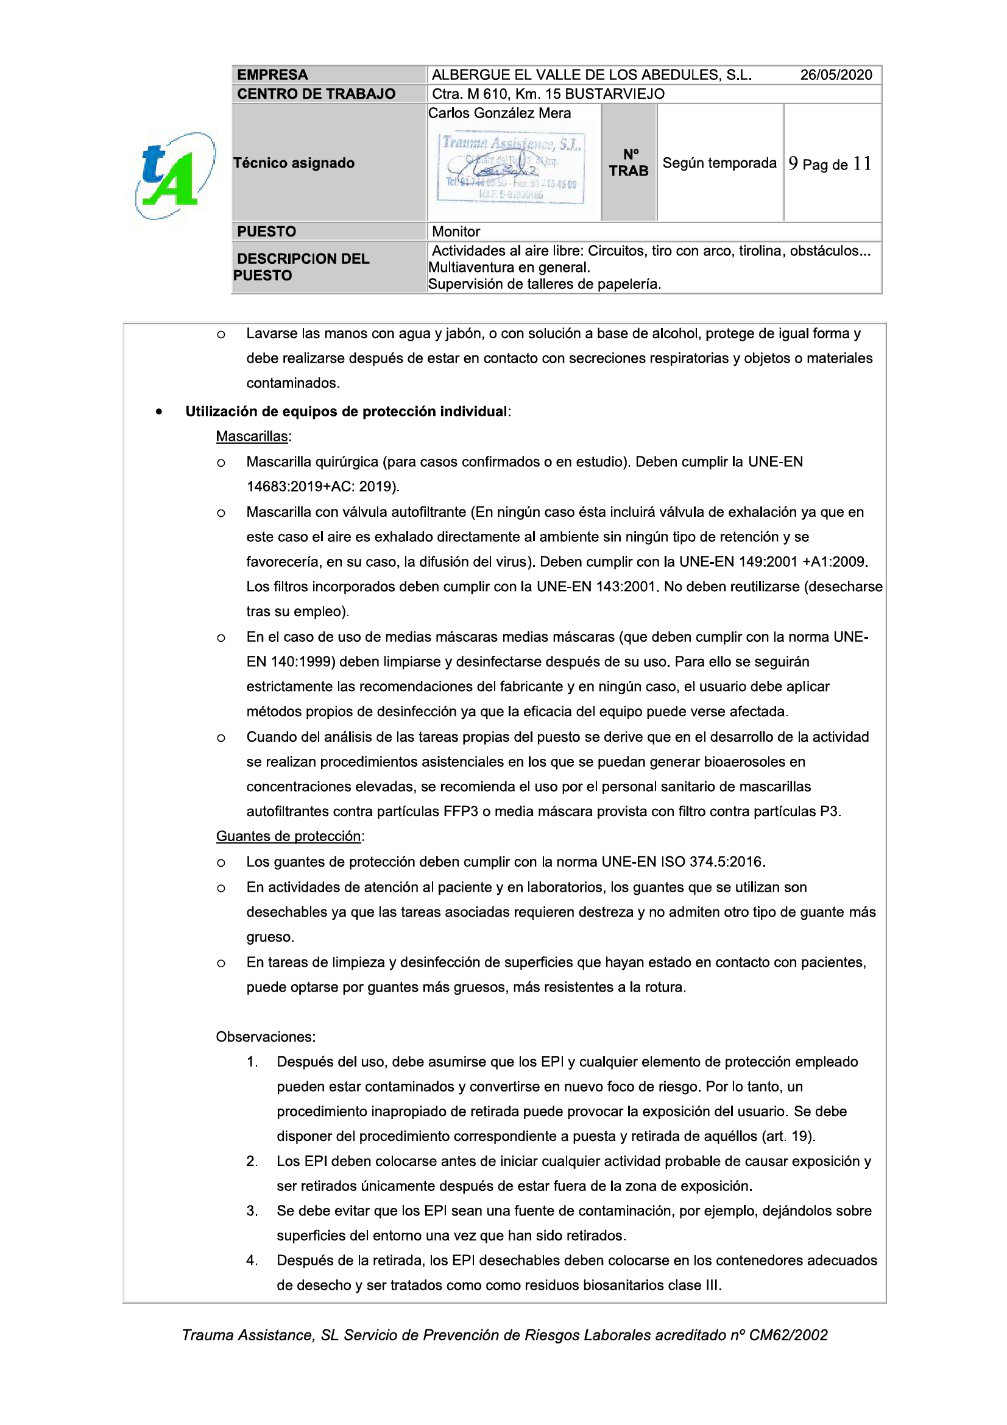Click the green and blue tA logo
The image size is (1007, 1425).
[x=175, y=176]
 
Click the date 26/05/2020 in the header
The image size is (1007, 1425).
[x=835, y=75]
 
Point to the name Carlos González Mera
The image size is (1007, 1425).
[x=500, y=113]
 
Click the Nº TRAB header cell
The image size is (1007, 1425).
[x=629, y=163]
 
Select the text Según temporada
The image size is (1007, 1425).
[x=719, y=163]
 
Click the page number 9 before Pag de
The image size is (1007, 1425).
[x=793, y=164]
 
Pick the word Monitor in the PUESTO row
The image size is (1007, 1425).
[x=456, y=232]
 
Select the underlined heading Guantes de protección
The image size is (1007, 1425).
[x=289, y=837]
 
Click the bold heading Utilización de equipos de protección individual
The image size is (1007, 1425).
[x=346, y=412]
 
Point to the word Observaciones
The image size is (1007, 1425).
[x=266, y=1037]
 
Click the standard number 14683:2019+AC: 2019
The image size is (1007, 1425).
[x=323, y=487]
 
